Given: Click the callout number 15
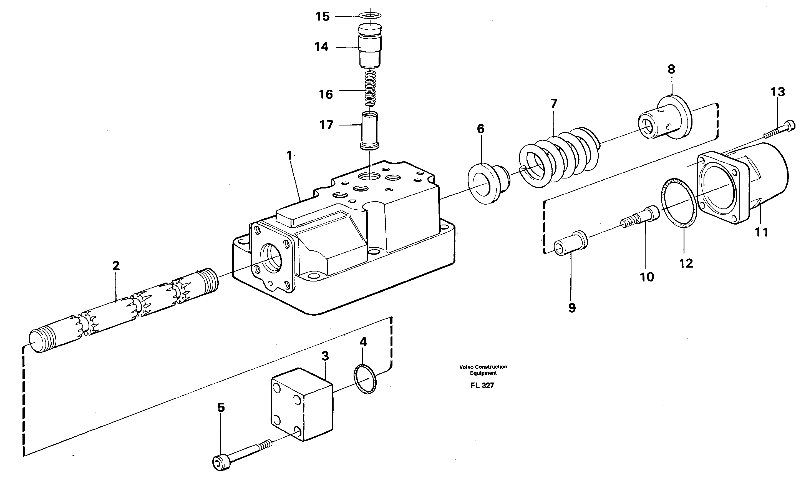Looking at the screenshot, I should tap(323, 17).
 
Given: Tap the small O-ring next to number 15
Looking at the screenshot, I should tap(370, 15).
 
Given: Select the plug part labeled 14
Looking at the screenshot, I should tap(370, 47).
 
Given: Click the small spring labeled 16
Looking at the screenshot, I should tap(370, 88).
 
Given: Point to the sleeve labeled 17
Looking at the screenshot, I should tap(370, 130).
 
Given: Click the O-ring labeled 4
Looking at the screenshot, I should tap(365, 379).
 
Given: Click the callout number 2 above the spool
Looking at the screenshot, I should tap(116, 266).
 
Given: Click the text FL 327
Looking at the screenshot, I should tap(482, 386).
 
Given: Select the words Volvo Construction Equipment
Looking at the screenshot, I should tap(483, 369).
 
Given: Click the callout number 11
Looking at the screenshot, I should tap(762, 232).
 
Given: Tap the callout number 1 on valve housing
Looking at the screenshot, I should tap(289, 156).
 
